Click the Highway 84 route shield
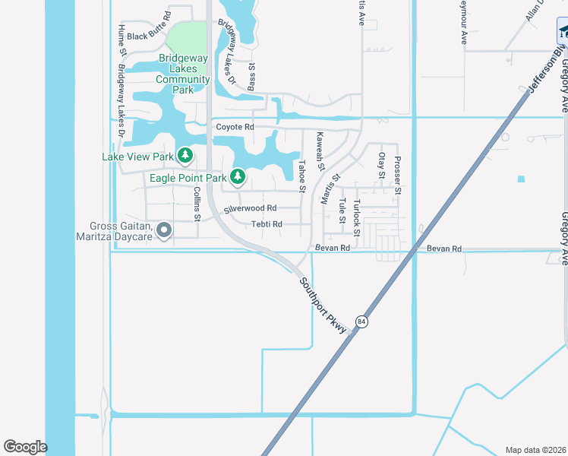(362, 321)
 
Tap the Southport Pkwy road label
(323, 305)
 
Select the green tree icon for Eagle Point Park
(238, 177)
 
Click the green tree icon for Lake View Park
(185, 156)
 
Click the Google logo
(25, 447)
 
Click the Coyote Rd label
(235, 127)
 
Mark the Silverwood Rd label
(250, 207)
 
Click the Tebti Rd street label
(267, 224)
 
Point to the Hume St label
(121, 40)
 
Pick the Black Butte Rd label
(149, 36)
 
